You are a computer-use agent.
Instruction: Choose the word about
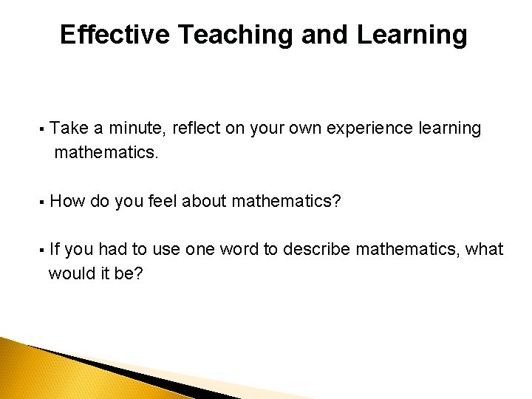tap(205, 201)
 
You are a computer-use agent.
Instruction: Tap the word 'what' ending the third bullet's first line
tap(485, 250)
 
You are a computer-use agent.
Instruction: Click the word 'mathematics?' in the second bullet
tap(286, 201)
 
